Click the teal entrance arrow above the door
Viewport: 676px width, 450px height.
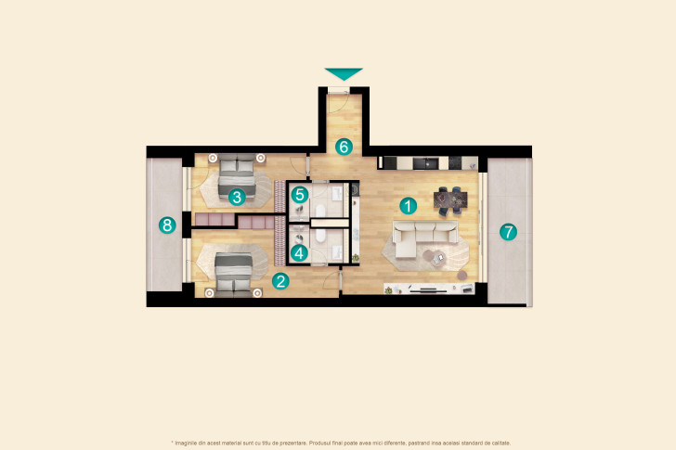coord(344,74)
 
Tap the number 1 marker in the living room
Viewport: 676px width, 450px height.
coord(406,205)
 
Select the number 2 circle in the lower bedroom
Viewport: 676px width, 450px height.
coord(281,279)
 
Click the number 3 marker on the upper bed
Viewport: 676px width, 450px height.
coord(238,197)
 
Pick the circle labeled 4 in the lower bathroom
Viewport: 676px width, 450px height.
coord(298,251)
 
